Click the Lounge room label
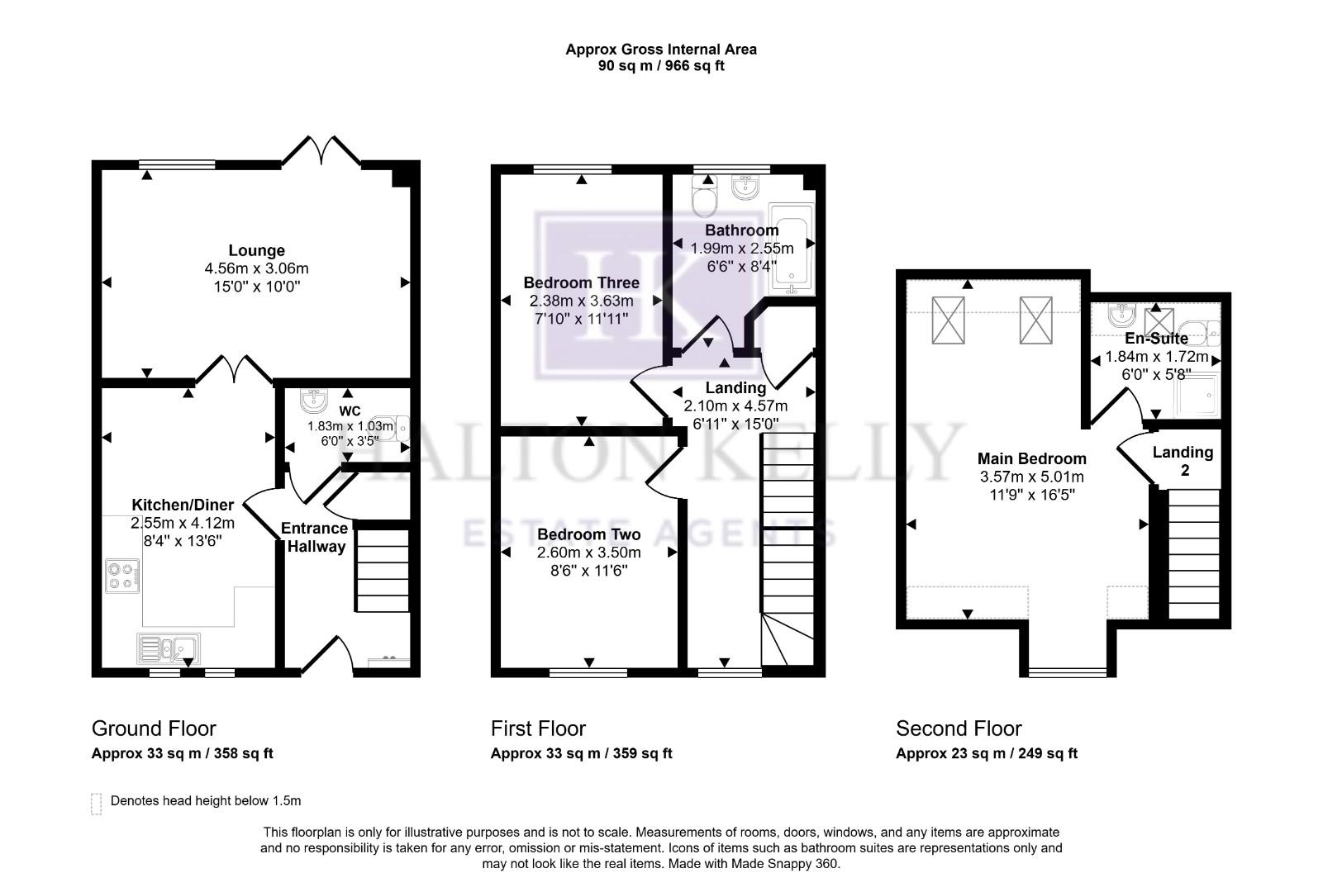(256, 250)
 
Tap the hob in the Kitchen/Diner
(122, 576)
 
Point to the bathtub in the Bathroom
(792, 249)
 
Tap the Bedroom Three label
(581, 282)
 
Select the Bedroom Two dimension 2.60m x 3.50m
(588, 553)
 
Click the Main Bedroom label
(1031, 458)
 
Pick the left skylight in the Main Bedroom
(948, 320)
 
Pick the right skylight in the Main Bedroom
(1034, 320)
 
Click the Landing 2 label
(1183, 461)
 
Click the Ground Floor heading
(154, 728)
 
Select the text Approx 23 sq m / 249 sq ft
(987, 753)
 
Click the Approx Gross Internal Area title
(660, 49)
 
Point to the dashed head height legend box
(97, 804)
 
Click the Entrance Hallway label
(314, 537)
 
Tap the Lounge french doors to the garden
(321, 152)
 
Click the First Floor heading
(538, 728)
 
